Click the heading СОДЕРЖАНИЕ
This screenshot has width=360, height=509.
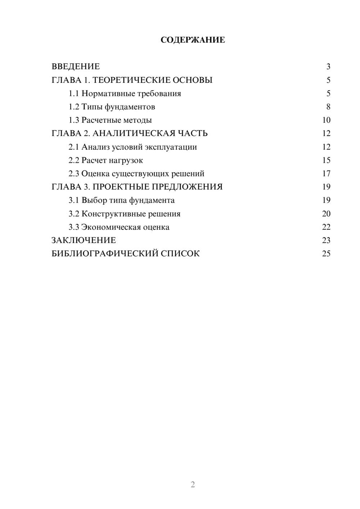pos(193,40)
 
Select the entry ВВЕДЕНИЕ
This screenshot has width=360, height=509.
pos(76,67)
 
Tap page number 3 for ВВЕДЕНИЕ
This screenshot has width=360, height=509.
pos(328,67)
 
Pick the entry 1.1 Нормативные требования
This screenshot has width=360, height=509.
pos(125,94)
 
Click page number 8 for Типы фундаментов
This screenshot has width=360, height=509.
pos(328,107)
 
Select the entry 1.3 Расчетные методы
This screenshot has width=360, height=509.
pos(110,120)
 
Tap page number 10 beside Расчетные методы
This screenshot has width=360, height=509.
pos(326,120)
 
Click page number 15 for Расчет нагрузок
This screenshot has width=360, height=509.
pos(326,160)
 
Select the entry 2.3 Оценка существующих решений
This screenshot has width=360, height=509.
pos(136,174)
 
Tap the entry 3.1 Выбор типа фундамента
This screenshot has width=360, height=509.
pos(122,201)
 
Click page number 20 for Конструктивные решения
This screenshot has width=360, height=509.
pos(326,214)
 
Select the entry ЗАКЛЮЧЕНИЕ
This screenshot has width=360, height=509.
pos(84,240)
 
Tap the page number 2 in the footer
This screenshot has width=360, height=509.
pos(193,485)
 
